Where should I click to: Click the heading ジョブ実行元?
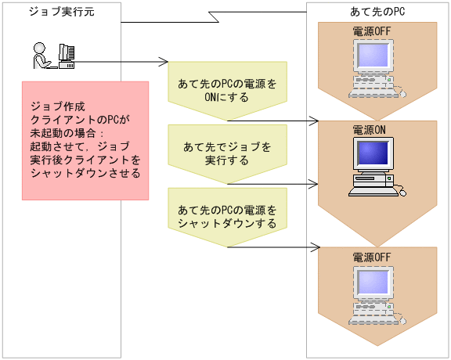click(x=54, y=12)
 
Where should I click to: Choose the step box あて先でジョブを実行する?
click(x=227, y=153)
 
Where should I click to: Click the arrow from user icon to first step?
click(x=125, y=62)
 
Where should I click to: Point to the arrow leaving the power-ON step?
click(x=274, y=121)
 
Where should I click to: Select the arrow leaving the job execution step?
click(x=274, y=185)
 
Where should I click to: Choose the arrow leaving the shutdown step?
click(x=274, y=247)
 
